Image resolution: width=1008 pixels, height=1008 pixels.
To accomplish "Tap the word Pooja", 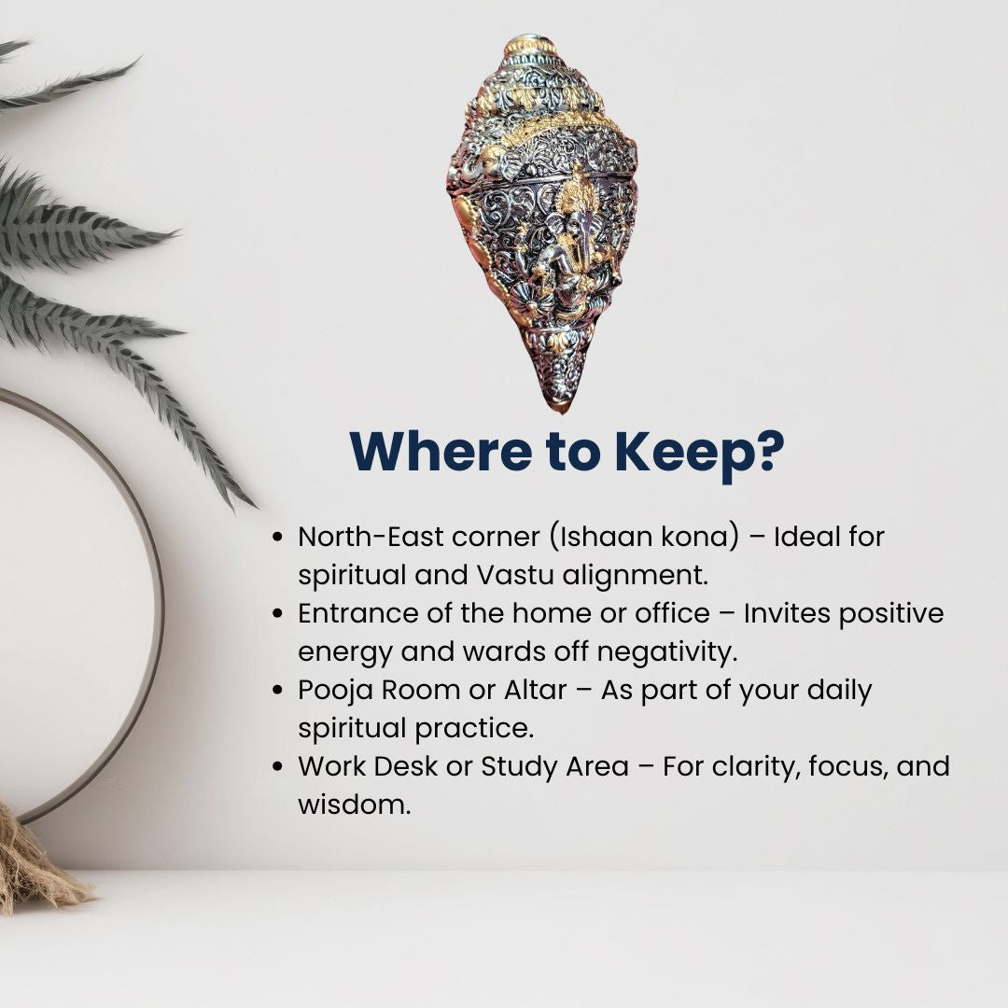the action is tap(336, 692).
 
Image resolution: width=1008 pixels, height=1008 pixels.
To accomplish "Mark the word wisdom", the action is tap(355, 805).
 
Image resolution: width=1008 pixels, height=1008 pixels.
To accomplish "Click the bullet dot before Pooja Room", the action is tap(278, 691).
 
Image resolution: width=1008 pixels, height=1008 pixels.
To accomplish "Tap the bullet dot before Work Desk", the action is tap(278, 767).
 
